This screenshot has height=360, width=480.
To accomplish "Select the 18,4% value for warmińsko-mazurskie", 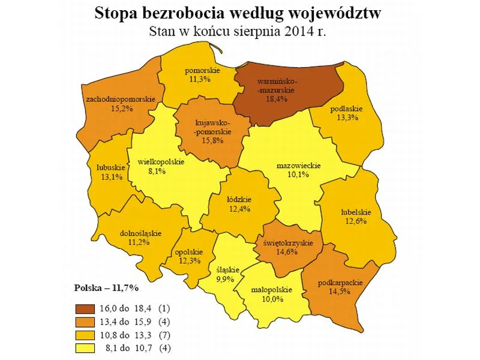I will coord(277,99).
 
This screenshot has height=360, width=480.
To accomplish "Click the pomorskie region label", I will coord(202,70).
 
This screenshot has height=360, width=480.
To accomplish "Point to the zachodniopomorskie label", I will coord(121,99).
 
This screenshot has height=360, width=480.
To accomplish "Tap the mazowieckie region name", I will coord(299,166).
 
